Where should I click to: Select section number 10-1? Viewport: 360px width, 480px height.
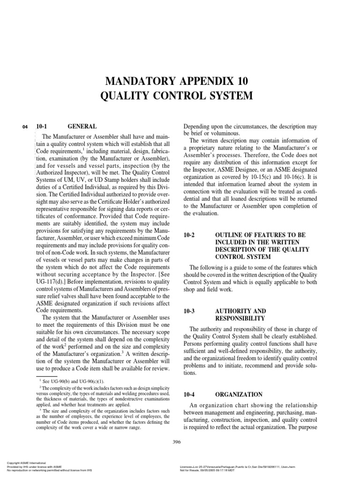coord(43,126)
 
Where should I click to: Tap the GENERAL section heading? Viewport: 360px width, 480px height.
coord(82,126)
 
